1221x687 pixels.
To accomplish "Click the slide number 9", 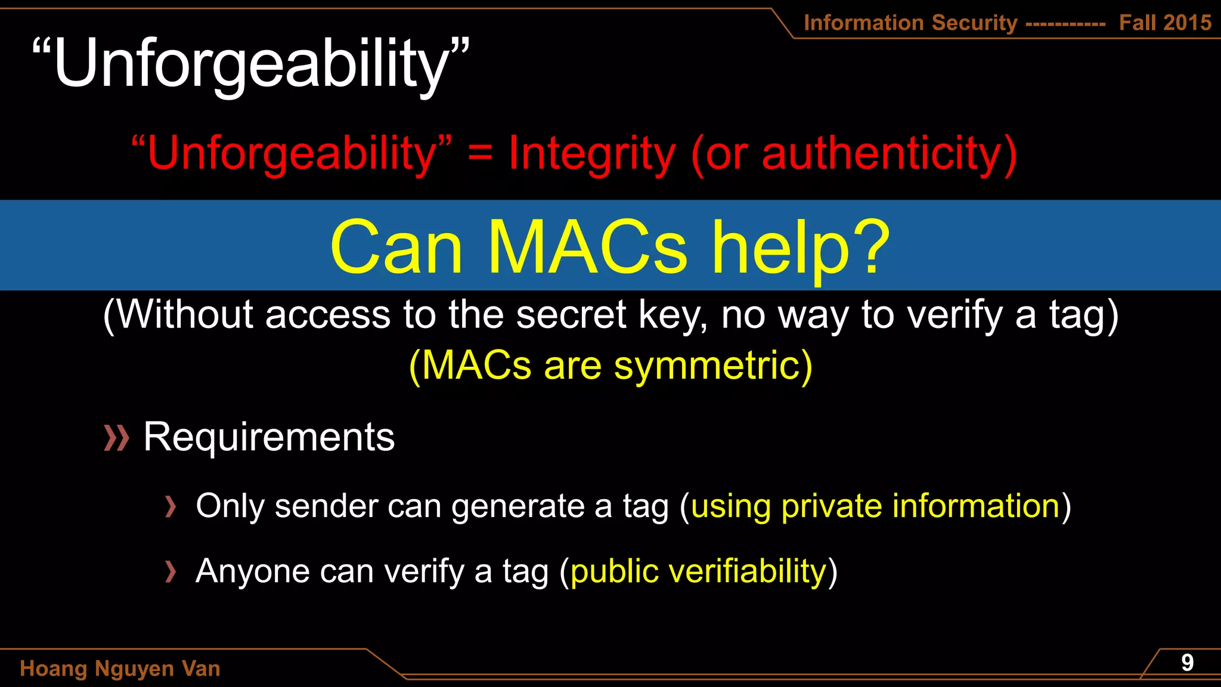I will pyautogui.click(x=1187, y=663).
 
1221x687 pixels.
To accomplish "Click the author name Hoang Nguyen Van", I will pyautogui.click(x=120, y=669).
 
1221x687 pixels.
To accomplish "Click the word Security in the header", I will pyautogui.click(x=974, y=23).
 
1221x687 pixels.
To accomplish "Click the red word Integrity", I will pyautogui.click(x=592, y=154).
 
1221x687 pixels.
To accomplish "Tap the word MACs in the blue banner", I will pyautogui.click(x=587, y=247).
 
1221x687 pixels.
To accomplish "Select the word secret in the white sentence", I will pyautogui.click(x=571, y=314).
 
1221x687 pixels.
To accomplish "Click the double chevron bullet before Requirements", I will pyautogui.click(x=116, y=438).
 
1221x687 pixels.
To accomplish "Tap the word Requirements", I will pyautogui.click(x=269, y=437).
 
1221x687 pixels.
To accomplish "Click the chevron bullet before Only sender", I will pyautogui.click(x=171, y=506).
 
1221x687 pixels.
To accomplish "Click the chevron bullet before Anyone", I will pyautogui.click(x=171, y=571).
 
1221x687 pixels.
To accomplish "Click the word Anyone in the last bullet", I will pyautogui.click(x=252, y=571).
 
